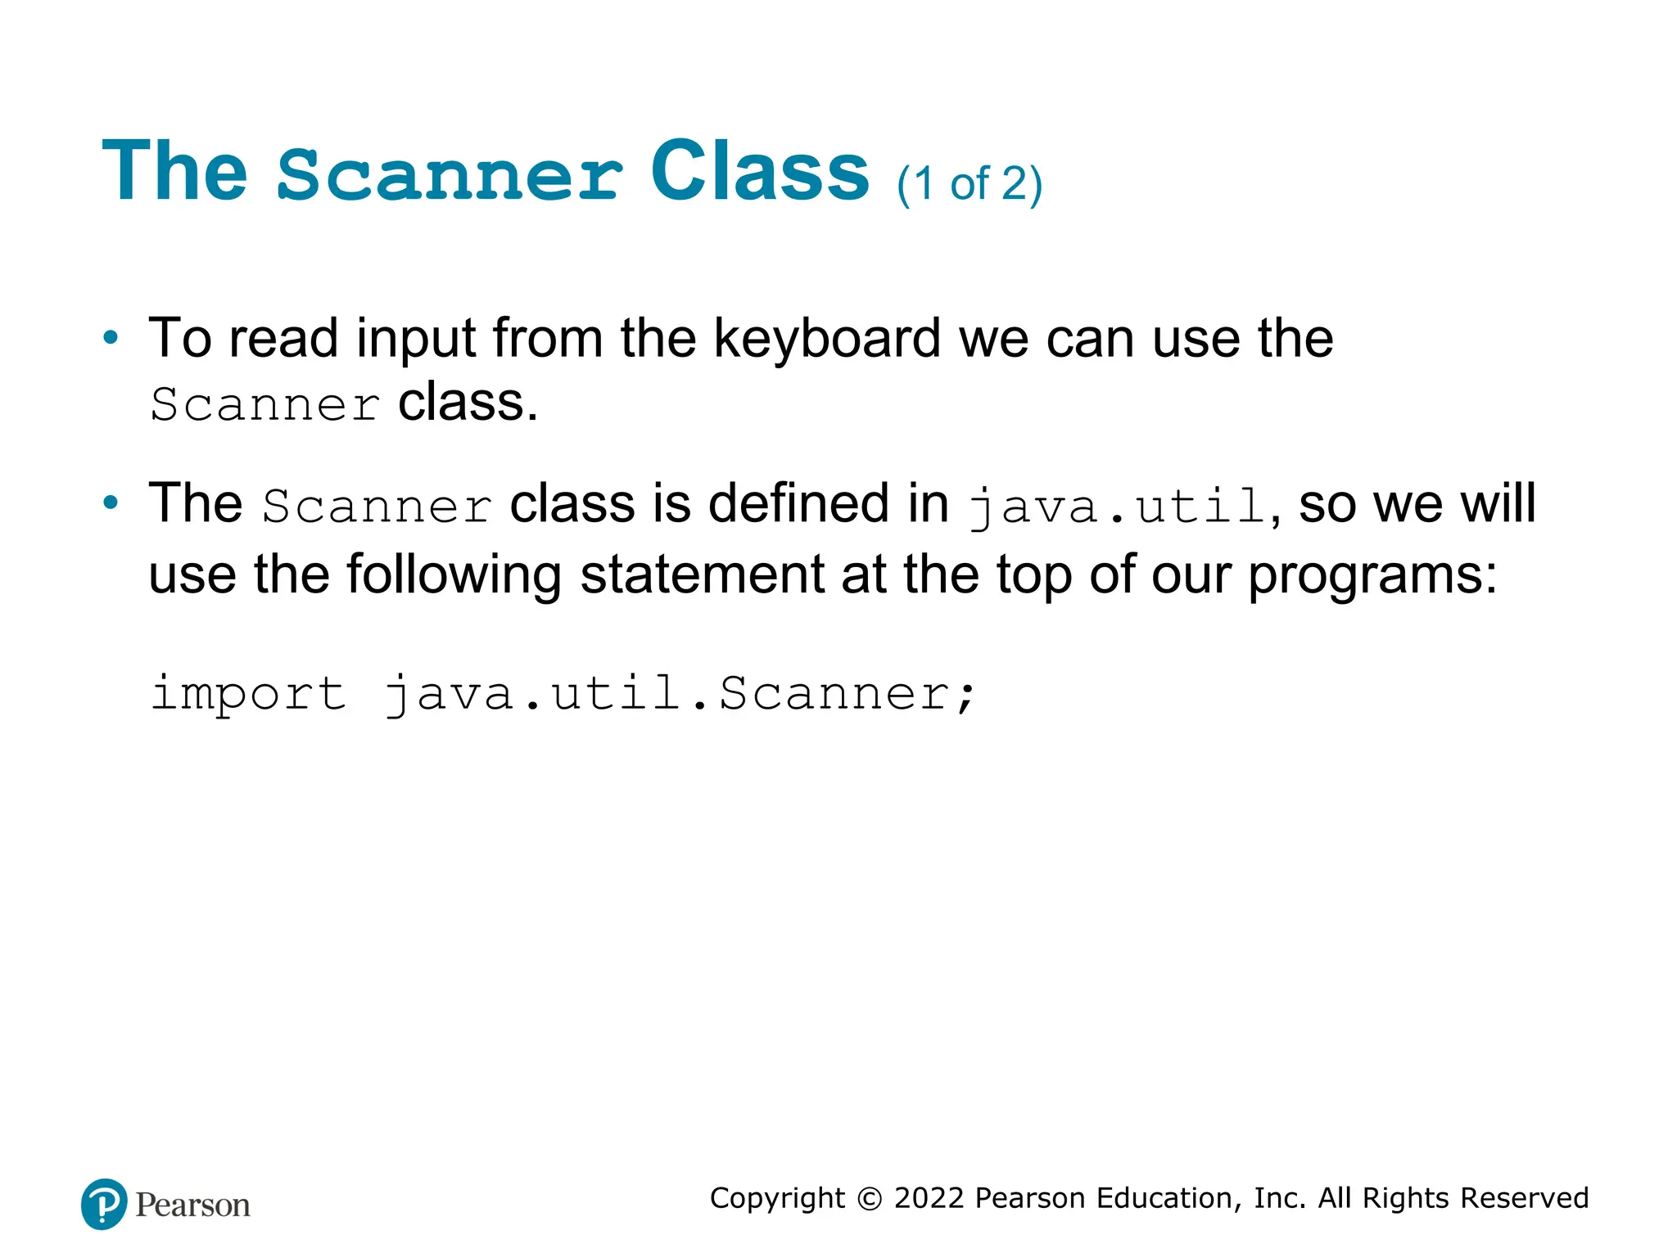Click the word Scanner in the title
[450, 173]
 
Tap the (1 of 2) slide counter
[969, 183]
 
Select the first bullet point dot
[111, 337]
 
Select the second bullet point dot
[111, 502]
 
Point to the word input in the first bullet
[415, 339]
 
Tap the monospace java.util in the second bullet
[1117, 506]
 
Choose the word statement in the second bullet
[702, 574]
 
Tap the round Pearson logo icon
[104, 1204]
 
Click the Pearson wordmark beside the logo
[192, 1205]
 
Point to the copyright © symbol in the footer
[869, 1199]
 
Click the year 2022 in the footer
[929, 1198]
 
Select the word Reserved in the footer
[1524, 1198]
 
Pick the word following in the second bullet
[454, 574]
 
